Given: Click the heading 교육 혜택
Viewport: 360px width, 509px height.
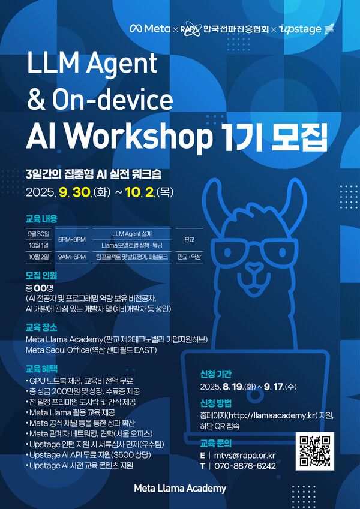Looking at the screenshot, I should (x=41, y=368).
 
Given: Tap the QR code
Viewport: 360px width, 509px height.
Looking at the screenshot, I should (x=314, y=452).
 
